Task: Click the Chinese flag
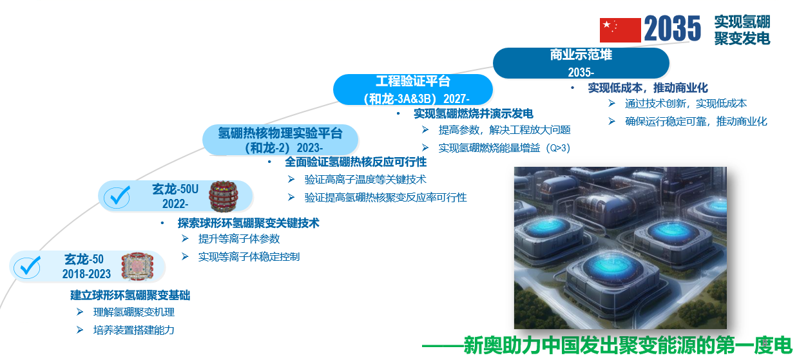[620, 30]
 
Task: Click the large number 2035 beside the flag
[673, 28]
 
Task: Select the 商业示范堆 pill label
[581, 63]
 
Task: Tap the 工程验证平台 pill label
[413, 90]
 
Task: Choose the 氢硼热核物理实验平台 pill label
[280, 140]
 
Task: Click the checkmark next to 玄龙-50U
[117, 196]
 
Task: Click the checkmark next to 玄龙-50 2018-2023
[27, 267]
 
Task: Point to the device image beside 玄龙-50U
[224, 196]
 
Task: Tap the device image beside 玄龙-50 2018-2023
[137, 267]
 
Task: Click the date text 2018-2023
[86, 274]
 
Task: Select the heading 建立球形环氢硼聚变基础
[130, 295]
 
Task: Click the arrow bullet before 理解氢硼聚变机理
[80, 312]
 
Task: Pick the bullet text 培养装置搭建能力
[134, 330]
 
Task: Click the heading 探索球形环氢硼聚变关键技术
[249, 223]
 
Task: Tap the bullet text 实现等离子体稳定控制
[249, 256]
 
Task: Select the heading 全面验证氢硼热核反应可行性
[356, 162]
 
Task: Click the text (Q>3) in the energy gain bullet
[558, 147]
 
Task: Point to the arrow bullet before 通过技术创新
[611, 104]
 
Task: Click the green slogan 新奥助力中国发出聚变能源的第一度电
[628, 345]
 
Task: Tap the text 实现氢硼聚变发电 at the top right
[742, 30]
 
